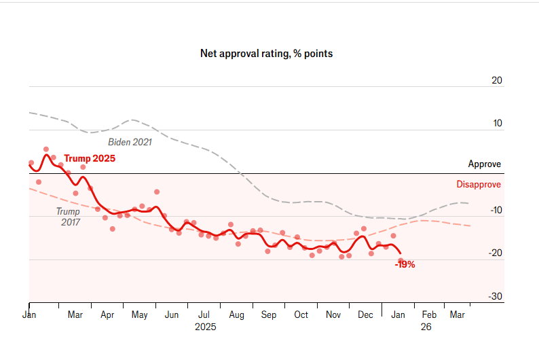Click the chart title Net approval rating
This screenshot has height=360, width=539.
(x=266, y=53)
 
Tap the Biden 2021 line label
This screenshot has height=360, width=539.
(x=130, y=142)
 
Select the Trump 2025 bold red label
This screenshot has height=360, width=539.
(x=90, y=158)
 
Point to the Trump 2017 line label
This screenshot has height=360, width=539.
(x=68, y=217)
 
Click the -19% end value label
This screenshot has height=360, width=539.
(x=405, y=265)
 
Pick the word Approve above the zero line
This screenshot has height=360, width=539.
(x=484, y=164)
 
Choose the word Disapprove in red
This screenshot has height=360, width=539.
(x=479, y=184)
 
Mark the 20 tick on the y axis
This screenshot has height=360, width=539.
(x=496, y=80)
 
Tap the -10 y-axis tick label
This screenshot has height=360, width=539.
(x=495, y=211)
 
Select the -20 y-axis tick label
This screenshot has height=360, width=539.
(x=495, y=253)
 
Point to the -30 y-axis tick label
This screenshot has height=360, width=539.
(x=495, y=297)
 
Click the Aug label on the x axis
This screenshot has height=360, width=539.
(x=236, y=315)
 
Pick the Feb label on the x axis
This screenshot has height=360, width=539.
(x=429, y=315)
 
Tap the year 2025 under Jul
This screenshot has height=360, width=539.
(x=205, y=327)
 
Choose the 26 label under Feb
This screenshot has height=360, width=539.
(x=426, y=327)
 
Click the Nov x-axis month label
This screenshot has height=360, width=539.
(x=333, y=315)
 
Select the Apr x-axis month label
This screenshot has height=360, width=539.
(x=107, y=315)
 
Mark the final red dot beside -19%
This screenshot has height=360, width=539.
(x=401, y=260)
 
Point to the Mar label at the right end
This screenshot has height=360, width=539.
(x=458, y=315)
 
